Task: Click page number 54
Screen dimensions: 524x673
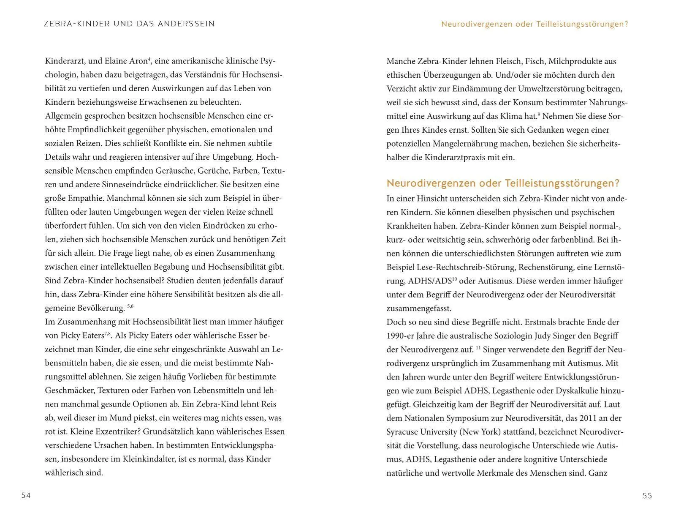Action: pos(26,496)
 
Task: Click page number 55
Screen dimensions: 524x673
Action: pos(647,496)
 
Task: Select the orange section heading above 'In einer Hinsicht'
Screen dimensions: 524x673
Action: pos(503,183)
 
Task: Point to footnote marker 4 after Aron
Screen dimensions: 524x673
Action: pos(149,59)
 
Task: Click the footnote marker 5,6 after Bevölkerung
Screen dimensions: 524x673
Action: pos(130,306)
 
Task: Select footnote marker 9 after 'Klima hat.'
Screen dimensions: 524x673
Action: pos(539,114)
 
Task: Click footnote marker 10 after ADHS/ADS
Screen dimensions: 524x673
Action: pos(455,279)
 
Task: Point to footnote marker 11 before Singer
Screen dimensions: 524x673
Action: pos(478,347)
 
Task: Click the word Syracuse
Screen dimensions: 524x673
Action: pos(404,432)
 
